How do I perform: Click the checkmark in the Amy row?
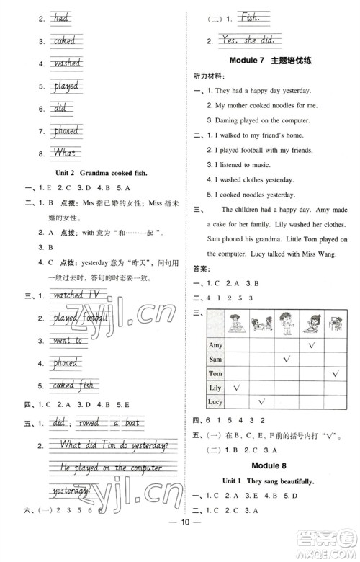[312, 345]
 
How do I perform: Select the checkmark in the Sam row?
[287, 359]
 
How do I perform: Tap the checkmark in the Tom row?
[336, 373]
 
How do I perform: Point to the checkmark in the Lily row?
[237, 387]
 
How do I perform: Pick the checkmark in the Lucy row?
[262, 401]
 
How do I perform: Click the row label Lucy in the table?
[215, 401]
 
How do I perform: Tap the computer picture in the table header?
[336, 324]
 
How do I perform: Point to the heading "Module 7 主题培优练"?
[270, 60]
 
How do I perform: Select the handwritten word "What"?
[65, 153]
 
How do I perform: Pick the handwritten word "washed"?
[66, 63]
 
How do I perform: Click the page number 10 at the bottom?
[180, 542]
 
